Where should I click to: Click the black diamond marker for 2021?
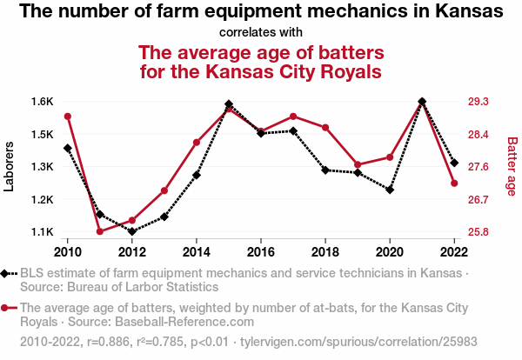[422, 102]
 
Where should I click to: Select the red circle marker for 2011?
[100, 231]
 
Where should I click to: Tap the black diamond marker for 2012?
[132, 231]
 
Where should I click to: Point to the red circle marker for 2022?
[454, 183]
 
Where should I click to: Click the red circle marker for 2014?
[197, 142]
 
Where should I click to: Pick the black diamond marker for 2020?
[390, 190]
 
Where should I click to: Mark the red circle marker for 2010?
[68, 117]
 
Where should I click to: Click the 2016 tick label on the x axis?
[261, 251]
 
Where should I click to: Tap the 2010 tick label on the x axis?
[68, 251]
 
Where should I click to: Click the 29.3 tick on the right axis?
[478, 102]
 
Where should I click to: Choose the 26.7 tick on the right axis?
[478, 200]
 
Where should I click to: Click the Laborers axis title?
[10, 167]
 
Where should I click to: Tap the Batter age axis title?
[512, 167]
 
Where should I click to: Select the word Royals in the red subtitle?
[344, 70]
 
